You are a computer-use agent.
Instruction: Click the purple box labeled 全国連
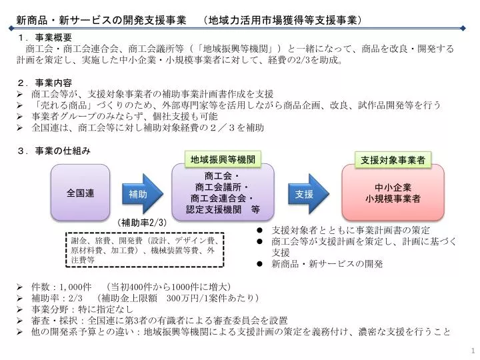click(x=80, y=193)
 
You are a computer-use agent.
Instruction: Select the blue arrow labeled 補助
click(x=143, y=194)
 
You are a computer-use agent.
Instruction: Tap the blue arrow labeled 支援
click(x=309, y=194)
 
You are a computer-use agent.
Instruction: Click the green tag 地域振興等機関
click(x=223, y=159)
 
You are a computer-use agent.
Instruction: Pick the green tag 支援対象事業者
click(x=393, y=160)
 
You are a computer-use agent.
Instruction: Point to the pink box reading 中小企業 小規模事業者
click(x=393, y=193)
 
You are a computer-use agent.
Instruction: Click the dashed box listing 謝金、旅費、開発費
click(x=145, y=250)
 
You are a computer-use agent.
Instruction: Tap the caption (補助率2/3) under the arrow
click(x=142, y=223)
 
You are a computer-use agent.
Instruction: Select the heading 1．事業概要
click(x=45, y=37)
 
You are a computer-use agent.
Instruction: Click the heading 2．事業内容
click(x=45, y=83)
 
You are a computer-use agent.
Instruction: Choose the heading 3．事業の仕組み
click(x=54, y=151)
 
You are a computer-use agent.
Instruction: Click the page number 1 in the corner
click(x=473, y=351)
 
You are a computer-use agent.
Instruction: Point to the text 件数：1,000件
click(x=61, y=287)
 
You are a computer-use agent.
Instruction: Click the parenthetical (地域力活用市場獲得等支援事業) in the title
click(x=282, y=20)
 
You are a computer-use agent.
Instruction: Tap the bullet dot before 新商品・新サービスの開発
click(x=259, y=263)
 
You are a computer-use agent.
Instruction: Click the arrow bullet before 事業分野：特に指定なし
click(x=20, y=309)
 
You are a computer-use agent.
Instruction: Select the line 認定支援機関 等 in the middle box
click(x=223, y=209)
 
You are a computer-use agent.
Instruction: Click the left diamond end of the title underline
click(x=11, y=29)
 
